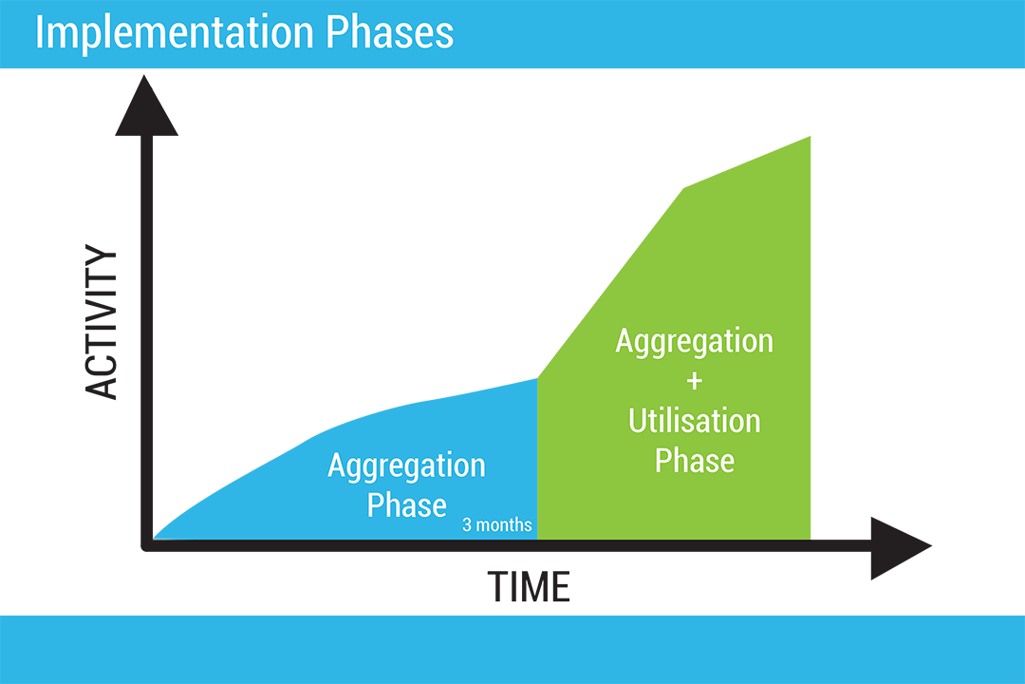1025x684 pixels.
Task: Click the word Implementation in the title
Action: [175, 32]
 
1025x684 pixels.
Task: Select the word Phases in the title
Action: [390, 31]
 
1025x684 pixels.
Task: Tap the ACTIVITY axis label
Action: [102, 321]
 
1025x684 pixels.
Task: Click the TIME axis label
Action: [529, 586]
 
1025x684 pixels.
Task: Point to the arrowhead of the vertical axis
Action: [146, 106]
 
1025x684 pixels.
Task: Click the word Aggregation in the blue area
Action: [406, 467]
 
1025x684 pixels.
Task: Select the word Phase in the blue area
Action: [406, 505]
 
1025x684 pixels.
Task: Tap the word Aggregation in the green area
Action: [694, 342]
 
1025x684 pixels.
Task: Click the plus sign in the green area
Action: [694, 381]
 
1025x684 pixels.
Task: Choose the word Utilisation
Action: [694, 420]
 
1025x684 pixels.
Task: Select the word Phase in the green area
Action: [694, 460]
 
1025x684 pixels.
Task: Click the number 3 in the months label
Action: [467, 525]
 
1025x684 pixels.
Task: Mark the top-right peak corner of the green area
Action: [810, 137]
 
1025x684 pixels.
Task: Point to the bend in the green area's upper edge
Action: [684, 188]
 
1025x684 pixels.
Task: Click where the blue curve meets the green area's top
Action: [537, 378]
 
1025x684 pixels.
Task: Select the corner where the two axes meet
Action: [147, 545]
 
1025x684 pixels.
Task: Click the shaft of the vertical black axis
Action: [147, 340]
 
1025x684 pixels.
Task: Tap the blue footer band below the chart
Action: [512, 649]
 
